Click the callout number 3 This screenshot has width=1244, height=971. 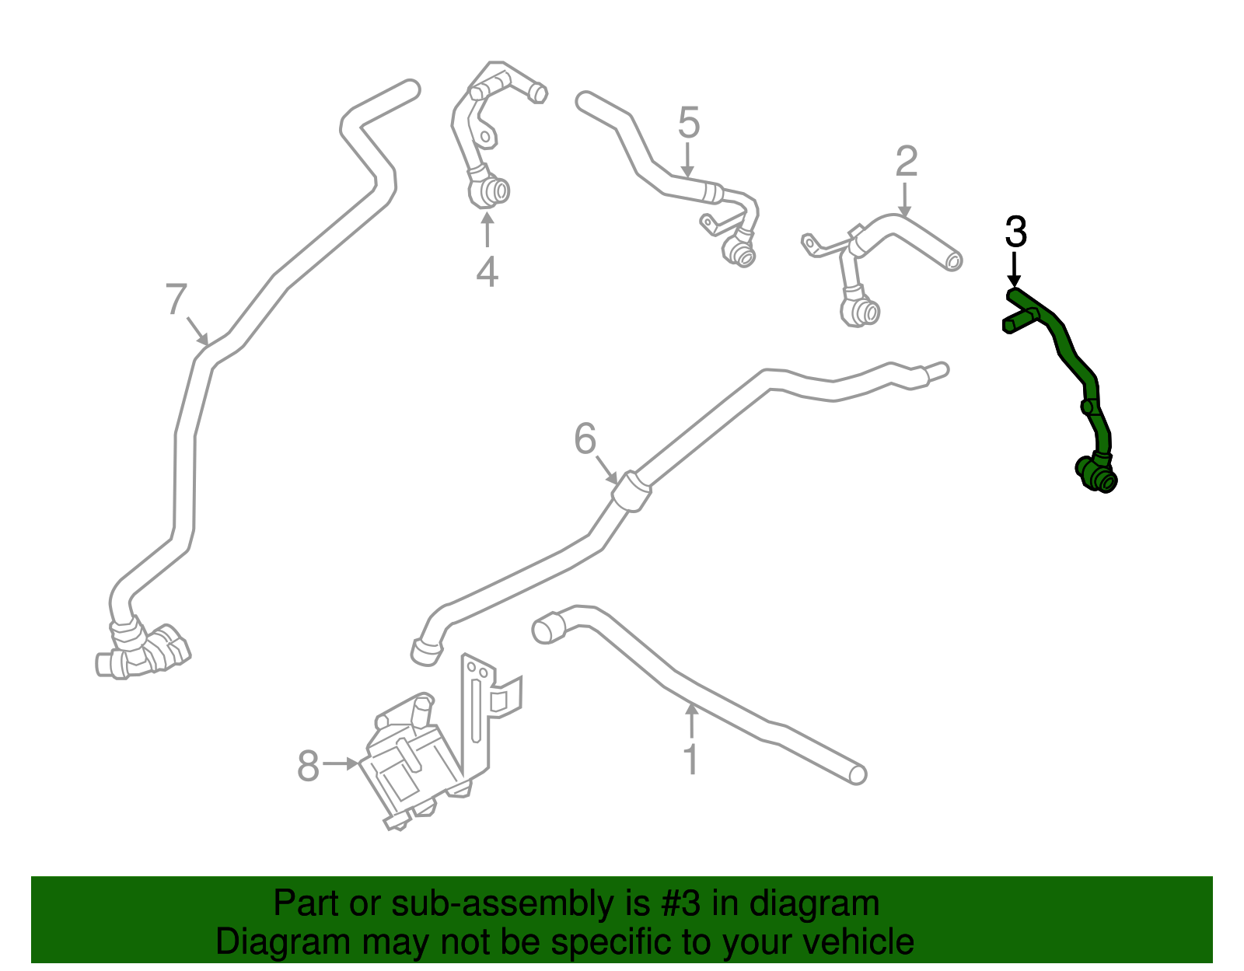point(1016,232)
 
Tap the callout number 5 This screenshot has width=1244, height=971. point(689,123)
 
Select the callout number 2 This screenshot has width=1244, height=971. point(907,162)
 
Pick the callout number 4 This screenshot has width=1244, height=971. point(487,271)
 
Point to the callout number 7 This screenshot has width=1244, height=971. point(176,299)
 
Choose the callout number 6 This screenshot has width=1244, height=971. point(585,439)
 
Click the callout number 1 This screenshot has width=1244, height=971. point(691,760)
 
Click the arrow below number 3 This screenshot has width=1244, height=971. point(1014,269)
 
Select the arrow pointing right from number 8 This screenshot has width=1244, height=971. point(341,763)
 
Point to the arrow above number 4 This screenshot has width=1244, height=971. point(487,229)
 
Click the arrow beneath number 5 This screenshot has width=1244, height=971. point(687,159)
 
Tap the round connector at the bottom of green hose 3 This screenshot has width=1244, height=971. point(1097,474)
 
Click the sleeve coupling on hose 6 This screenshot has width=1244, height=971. point(631,491)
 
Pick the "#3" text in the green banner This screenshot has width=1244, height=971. point(680,903)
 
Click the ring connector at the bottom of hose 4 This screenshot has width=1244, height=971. point(489,191)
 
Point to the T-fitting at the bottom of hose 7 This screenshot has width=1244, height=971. point(143,654)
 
